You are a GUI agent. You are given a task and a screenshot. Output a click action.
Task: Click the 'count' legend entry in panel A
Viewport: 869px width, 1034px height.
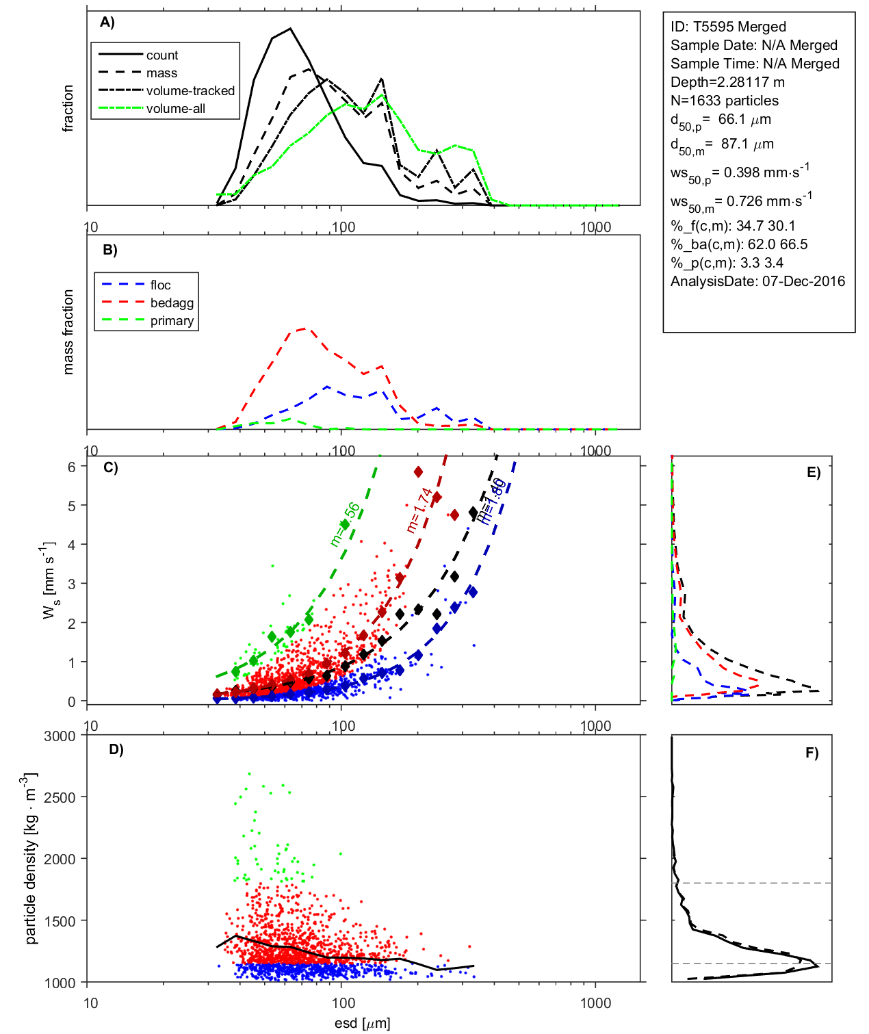pyautogui.click(x=161, y=55)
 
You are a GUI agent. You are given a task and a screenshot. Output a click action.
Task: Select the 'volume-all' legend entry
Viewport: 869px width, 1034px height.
pyautogui.click(x=175, y=109)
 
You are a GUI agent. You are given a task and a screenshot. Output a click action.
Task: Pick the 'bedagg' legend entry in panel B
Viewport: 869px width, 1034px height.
pyautogui.click(x=172, y=303)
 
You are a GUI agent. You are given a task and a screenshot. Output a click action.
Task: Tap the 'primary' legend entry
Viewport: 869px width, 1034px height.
pyautogui.click(x=172, y=321)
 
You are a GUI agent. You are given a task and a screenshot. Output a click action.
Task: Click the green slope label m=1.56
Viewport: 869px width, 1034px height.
pyautogui.click(x=344, y=525)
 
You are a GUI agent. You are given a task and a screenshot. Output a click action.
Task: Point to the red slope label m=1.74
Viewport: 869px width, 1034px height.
pyautogui.click(x=419, y=510)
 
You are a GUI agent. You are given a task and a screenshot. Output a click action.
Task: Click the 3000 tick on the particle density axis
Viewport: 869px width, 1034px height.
pyautogui.click(x=60, y=736)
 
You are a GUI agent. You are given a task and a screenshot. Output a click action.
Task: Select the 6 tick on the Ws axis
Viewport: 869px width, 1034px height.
pyautogui.click(x=71, y=467)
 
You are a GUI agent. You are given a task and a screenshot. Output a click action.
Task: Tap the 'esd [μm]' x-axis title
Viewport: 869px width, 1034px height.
pyautogui.click(x=363, y=1023)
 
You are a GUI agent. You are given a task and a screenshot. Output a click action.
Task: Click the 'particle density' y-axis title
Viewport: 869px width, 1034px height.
pyautogui.click(x=31, y=859)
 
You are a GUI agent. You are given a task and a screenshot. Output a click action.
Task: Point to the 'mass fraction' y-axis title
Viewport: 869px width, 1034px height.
pyautogui.click(x=68, y=332)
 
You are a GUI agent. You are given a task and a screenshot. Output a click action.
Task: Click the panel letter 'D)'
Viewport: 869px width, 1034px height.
pyautogui.click(x=116, y=749)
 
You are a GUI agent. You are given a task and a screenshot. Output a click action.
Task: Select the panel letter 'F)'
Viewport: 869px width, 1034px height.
pyautogui.click(x=812, y=753)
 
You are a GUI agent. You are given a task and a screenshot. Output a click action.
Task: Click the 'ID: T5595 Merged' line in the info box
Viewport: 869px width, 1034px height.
pyautogui.click(x=728, y=27)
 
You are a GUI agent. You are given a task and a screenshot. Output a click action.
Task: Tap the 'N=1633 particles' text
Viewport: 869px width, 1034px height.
pyautogui.click(x=724, y=101)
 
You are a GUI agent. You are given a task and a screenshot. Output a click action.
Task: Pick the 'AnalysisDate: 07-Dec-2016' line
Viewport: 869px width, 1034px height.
pyautogui.click(x=757, y=281)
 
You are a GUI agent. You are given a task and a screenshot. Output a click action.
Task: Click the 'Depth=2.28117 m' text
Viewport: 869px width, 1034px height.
pyautogui.click(x=727, y=82)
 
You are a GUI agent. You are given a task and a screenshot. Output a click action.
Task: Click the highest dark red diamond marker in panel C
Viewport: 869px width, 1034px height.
pyautogui.click(x=418, y=471)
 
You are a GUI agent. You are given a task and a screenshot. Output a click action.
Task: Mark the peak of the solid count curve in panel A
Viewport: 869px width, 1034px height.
pyautogui.click(x=291, y=29)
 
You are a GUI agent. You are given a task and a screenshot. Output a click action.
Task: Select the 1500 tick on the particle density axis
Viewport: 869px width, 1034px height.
pyautogui.click(x=60, y=921)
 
